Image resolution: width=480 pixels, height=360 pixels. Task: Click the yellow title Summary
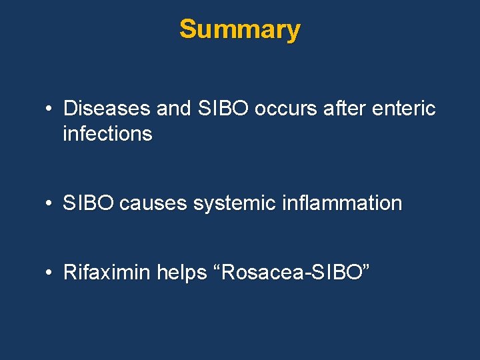239,29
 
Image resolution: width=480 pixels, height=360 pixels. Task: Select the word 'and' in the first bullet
174,109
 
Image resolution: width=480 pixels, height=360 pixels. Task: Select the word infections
107,134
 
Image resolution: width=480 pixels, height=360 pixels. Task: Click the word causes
153,203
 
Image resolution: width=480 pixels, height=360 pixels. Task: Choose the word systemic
233,203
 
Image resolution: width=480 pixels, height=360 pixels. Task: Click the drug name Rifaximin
107,273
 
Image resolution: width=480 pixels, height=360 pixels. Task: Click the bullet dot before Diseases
50,109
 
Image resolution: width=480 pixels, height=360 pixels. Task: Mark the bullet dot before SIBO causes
50,204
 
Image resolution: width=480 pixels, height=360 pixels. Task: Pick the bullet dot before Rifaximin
50,273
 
